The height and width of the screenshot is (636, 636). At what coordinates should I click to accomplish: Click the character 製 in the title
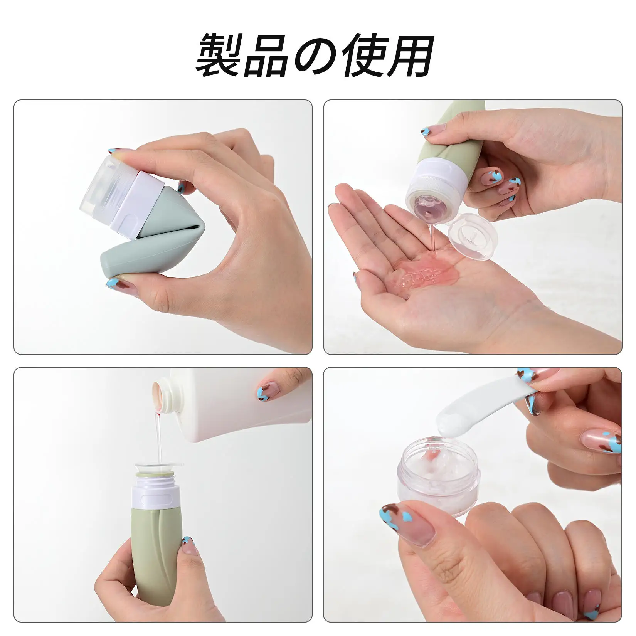coord(219,55)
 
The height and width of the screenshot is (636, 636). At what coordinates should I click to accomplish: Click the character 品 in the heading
coord(266,55)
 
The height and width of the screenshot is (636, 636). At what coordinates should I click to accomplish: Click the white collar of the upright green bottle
coord(155,497)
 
